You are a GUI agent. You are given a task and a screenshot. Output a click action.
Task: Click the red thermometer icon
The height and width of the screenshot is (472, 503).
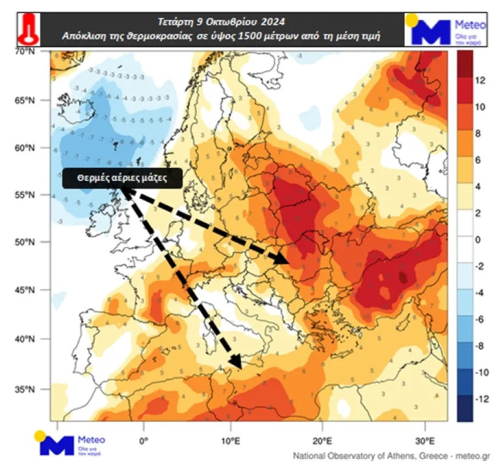27,29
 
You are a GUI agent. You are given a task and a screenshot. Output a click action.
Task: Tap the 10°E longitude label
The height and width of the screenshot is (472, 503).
231,441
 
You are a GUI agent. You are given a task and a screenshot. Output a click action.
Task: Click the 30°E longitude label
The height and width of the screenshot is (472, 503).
425,441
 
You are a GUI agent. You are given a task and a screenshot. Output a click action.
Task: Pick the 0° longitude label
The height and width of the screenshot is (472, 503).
143,441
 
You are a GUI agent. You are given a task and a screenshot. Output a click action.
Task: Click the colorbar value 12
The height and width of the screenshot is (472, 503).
481,81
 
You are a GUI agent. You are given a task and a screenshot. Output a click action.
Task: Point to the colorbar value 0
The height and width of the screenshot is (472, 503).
478,239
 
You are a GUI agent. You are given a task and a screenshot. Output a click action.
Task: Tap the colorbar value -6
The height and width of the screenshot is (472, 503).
481,319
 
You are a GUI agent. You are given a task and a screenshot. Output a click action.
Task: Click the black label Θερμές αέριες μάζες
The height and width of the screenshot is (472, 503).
122,178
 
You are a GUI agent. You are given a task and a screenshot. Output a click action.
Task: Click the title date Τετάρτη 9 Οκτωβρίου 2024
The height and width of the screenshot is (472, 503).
221,22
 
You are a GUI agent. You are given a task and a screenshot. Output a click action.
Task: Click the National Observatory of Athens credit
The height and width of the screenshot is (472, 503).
392,456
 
